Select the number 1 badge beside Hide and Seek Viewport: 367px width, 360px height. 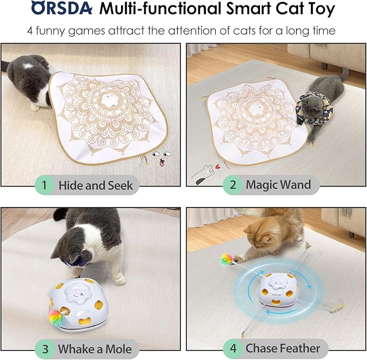click(45, 185)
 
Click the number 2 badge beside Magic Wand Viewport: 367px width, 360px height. click(233, 184)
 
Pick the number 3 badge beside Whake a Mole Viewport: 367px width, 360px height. click(45, 349)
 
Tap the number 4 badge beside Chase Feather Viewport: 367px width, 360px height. click(233, 348)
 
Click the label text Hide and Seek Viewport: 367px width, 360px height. click(96, 185)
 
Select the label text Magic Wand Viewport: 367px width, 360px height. click(278, 184)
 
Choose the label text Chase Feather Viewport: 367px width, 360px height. click(283, 348)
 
